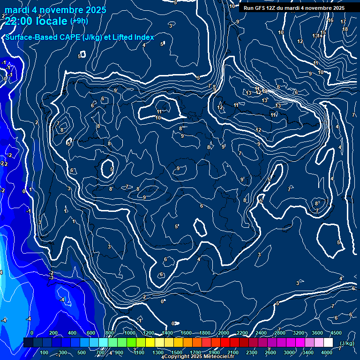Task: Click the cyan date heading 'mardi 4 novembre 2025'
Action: tap(55, 10)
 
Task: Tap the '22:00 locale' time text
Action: tap(37, 21)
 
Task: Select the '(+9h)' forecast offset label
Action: tap(78, 21)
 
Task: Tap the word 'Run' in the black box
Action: tap(249, 8)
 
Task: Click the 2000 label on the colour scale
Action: tap(224, 333)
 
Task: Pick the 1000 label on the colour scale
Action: tap(129, 333)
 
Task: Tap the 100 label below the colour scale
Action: tap(44, 352)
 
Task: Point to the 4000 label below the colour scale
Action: tap(327, 352)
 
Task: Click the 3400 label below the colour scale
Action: tap(308, 352)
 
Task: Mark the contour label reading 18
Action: tap(345, 30)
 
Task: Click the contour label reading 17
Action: tap(343, 22)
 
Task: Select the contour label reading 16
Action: tap(330, 20)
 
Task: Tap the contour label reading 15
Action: tap(323, 32)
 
